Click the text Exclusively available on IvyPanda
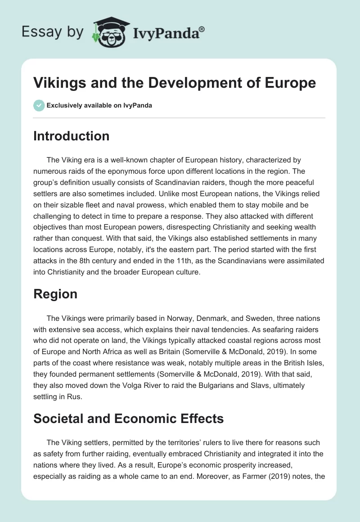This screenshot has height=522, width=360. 99,105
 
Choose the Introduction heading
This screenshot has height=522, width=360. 71,136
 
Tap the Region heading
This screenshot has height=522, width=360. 55,294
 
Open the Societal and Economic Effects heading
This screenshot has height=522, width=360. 128,418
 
